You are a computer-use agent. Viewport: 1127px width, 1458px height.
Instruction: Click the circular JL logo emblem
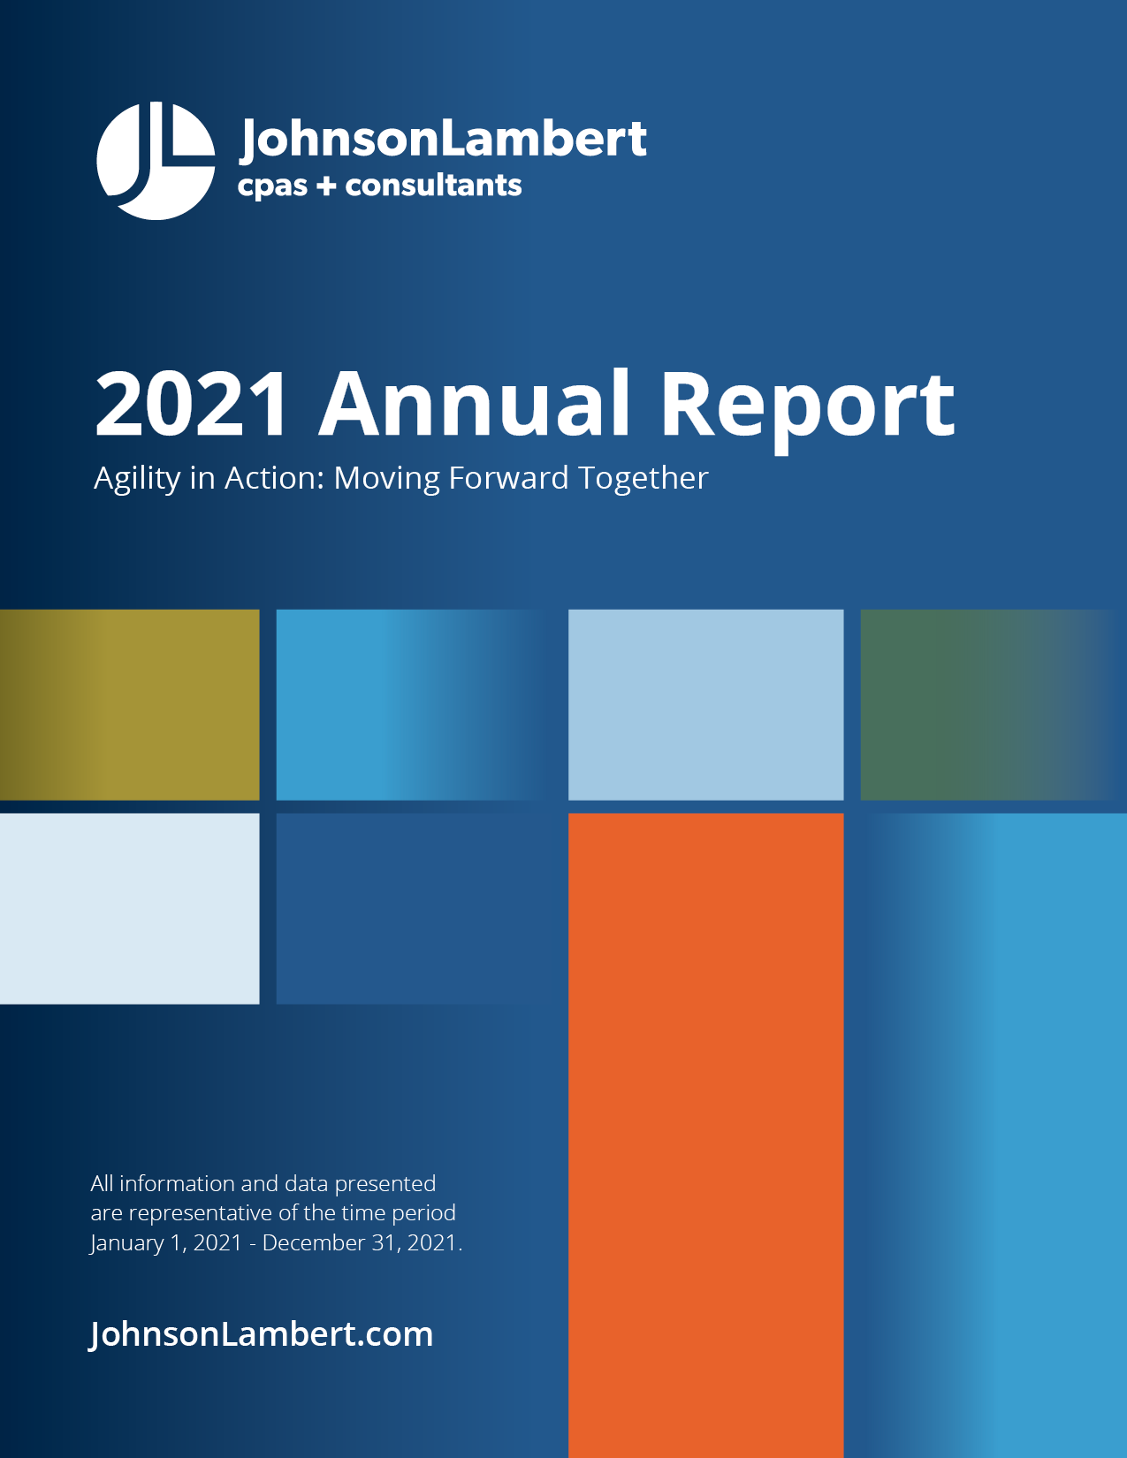click(x=156, y=161)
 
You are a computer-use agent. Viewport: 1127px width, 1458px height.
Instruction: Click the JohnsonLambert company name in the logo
click(x=443, y=139)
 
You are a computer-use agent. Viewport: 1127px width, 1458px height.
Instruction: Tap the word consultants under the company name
click(x=433, y=186)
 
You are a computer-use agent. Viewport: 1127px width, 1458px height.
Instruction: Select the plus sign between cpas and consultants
click(x=326, y=186)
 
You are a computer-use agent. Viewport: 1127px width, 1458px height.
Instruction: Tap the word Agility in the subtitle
click(x=137, y=478)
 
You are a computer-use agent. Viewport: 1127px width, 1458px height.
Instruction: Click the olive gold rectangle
click(x=130, y=704)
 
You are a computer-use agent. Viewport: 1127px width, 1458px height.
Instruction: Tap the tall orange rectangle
click(x=705, y=1131)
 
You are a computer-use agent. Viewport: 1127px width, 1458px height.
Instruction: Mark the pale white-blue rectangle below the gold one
click(x=130, y=908)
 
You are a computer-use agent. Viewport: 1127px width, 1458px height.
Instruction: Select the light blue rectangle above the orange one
click(x=705, y=704)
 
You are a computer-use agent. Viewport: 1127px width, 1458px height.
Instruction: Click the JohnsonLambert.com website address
click(x=262, y=1334)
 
